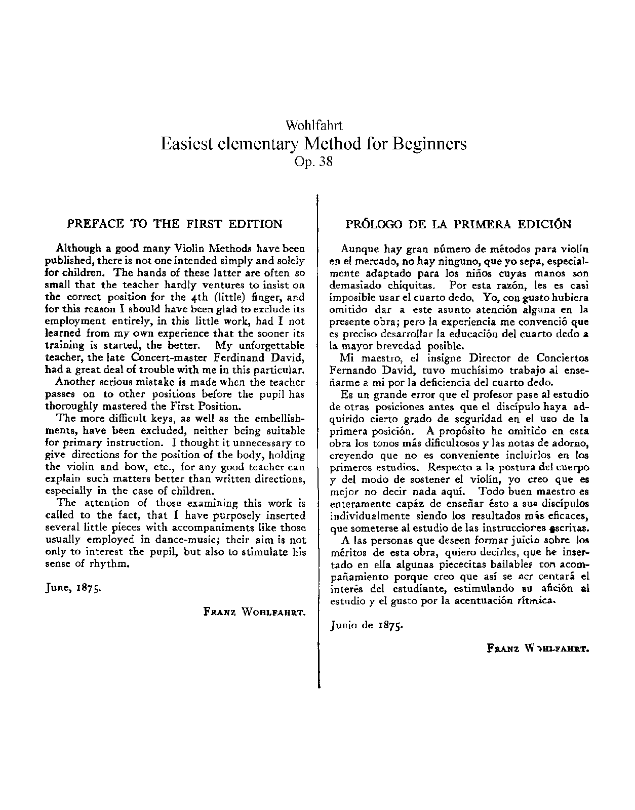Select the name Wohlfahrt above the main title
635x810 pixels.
point(314,125)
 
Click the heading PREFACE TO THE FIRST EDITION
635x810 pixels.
point(175,224)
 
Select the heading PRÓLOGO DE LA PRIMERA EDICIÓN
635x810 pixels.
point(458,224)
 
